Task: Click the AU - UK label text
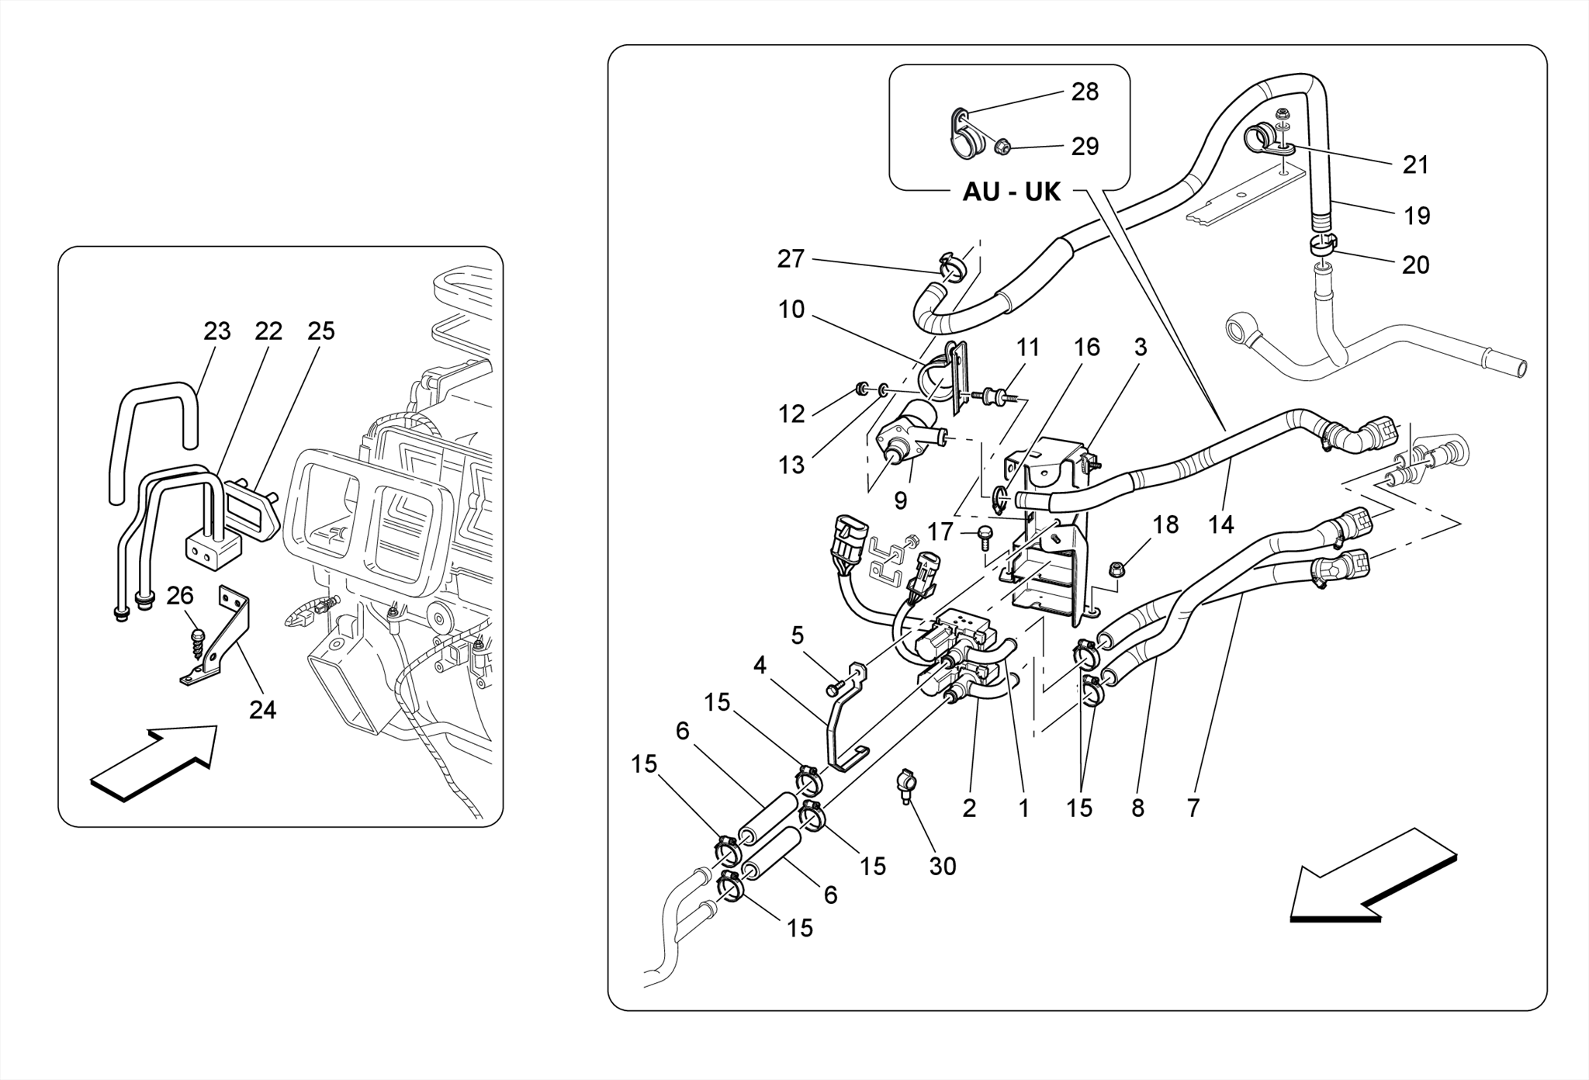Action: click(1011, 192)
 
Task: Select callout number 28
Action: click(1085, 92)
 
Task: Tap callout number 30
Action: click(942, 866)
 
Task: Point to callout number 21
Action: click(1415, 164)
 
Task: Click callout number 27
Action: click(791, 258)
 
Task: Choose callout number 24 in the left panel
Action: click(262, 709)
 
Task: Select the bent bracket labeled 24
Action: click(225, 644)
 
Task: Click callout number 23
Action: click(216, 331)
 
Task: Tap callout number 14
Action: click(1220, 524)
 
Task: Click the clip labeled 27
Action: click(950, 266)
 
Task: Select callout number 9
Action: click(900, 501)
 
